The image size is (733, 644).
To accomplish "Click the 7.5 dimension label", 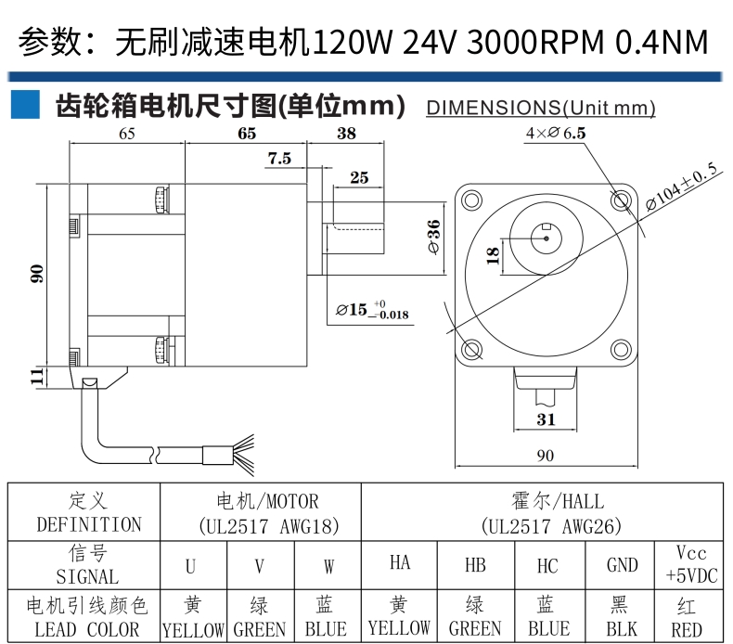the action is (x=279, y=158).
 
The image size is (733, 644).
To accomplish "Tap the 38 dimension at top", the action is (x=346, y=134).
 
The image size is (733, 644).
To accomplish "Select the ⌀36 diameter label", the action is (x=434, y=237).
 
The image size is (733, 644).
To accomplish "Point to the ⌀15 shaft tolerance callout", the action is (x=373, y=310).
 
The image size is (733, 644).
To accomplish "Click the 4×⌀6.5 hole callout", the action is (x=556, y=133).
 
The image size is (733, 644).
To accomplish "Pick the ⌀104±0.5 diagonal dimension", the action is (x=681, y=187).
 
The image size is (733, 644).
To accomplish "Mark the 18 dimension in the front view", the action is (x=493, y=255).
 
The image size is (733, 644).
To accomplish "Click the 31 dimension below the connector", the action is (x=546, y=419).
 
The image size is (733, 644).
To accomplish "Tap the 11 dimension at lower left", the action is (x=37, y=376).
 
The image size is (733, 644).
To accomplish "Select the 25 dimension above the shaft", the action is (x=359, y=177).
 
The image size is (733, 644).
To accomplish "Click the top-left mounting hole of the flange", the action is (x=471, y=200).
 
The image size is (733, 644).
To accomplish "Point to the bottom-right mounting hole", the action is (x=621, y=349).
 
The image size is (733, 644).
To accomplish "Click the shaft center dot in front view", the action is (x=546, y=238).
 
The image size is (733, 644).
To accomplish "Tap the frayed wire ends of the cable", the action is (x=243, y=455).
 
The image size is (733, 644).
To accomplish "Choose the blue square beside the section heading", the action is (x=25, y=104).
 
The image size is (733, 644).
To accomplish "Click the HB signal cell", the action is (x=475, y=565).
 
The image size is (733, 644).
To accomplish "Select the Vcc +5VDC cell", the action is (x=690, y=565).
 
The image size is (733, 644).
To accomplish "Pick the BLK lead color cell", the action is (x=620, y=615).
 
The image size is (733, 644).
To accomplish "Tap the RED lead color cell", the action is (x=689, y=615).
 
